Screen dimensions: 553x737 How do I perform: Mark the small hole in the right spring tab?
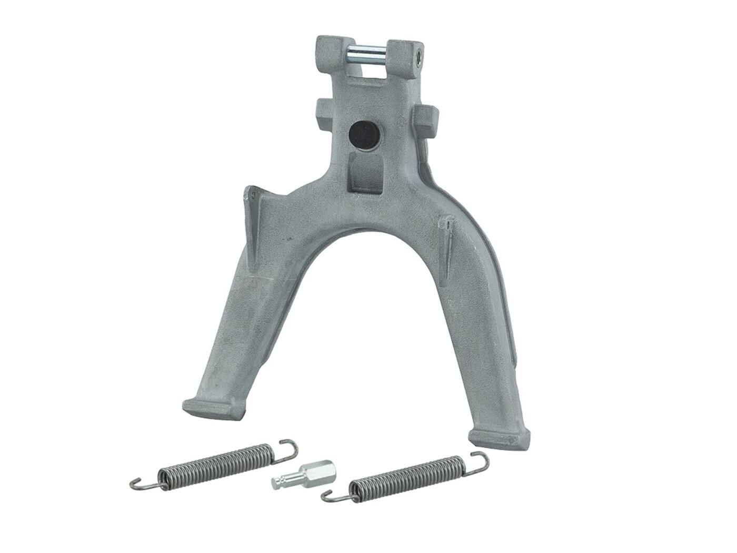tap(447, 223)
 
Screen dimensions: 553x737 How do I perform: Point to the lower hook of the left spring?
tap(140, 483)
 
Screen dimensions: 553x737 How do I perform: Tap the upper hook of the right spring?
tap(480, 460)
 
